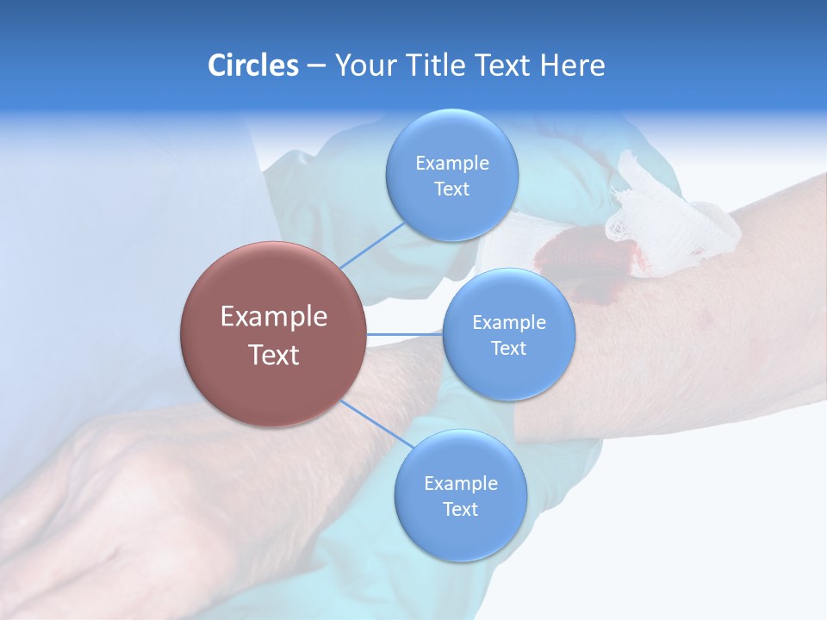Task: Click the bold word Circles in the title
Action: tap(252, 65)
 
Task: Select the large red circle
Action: tap(274, 334)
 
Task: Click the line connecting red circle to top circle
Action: tap(372, 245)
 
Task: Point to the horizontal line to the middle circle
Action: tap(405, 334)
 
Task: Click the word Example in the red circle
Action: tap(274, 316)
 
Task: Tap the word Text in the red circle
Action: tap(274, 355)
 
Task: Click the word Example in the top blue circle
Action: tap(451, 164)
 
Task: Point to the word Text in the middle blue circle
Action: tap(508, 348)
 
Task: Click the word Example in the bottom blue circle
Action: tap(460, 483)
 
